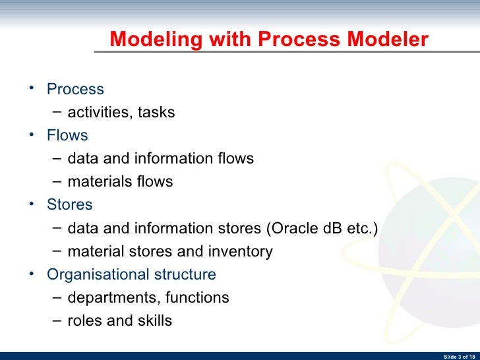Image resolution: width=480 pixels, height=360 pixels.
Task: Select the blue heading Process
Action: (x=75, y=89)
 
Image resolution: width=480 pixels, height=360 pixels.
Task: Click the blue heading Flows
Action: (x=67, y=135)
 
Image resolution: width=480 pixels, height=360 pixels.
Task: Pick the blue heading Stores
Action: (x=70, y=204)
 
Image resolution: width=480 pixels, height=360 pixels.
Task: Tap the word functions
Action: (x=197, y=298)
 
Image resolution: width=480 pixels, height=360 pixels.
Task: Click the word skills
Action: (x=152, y=321)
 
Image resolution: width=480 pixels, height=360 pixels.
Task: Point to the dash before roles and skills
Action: (x=57, y=321)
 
